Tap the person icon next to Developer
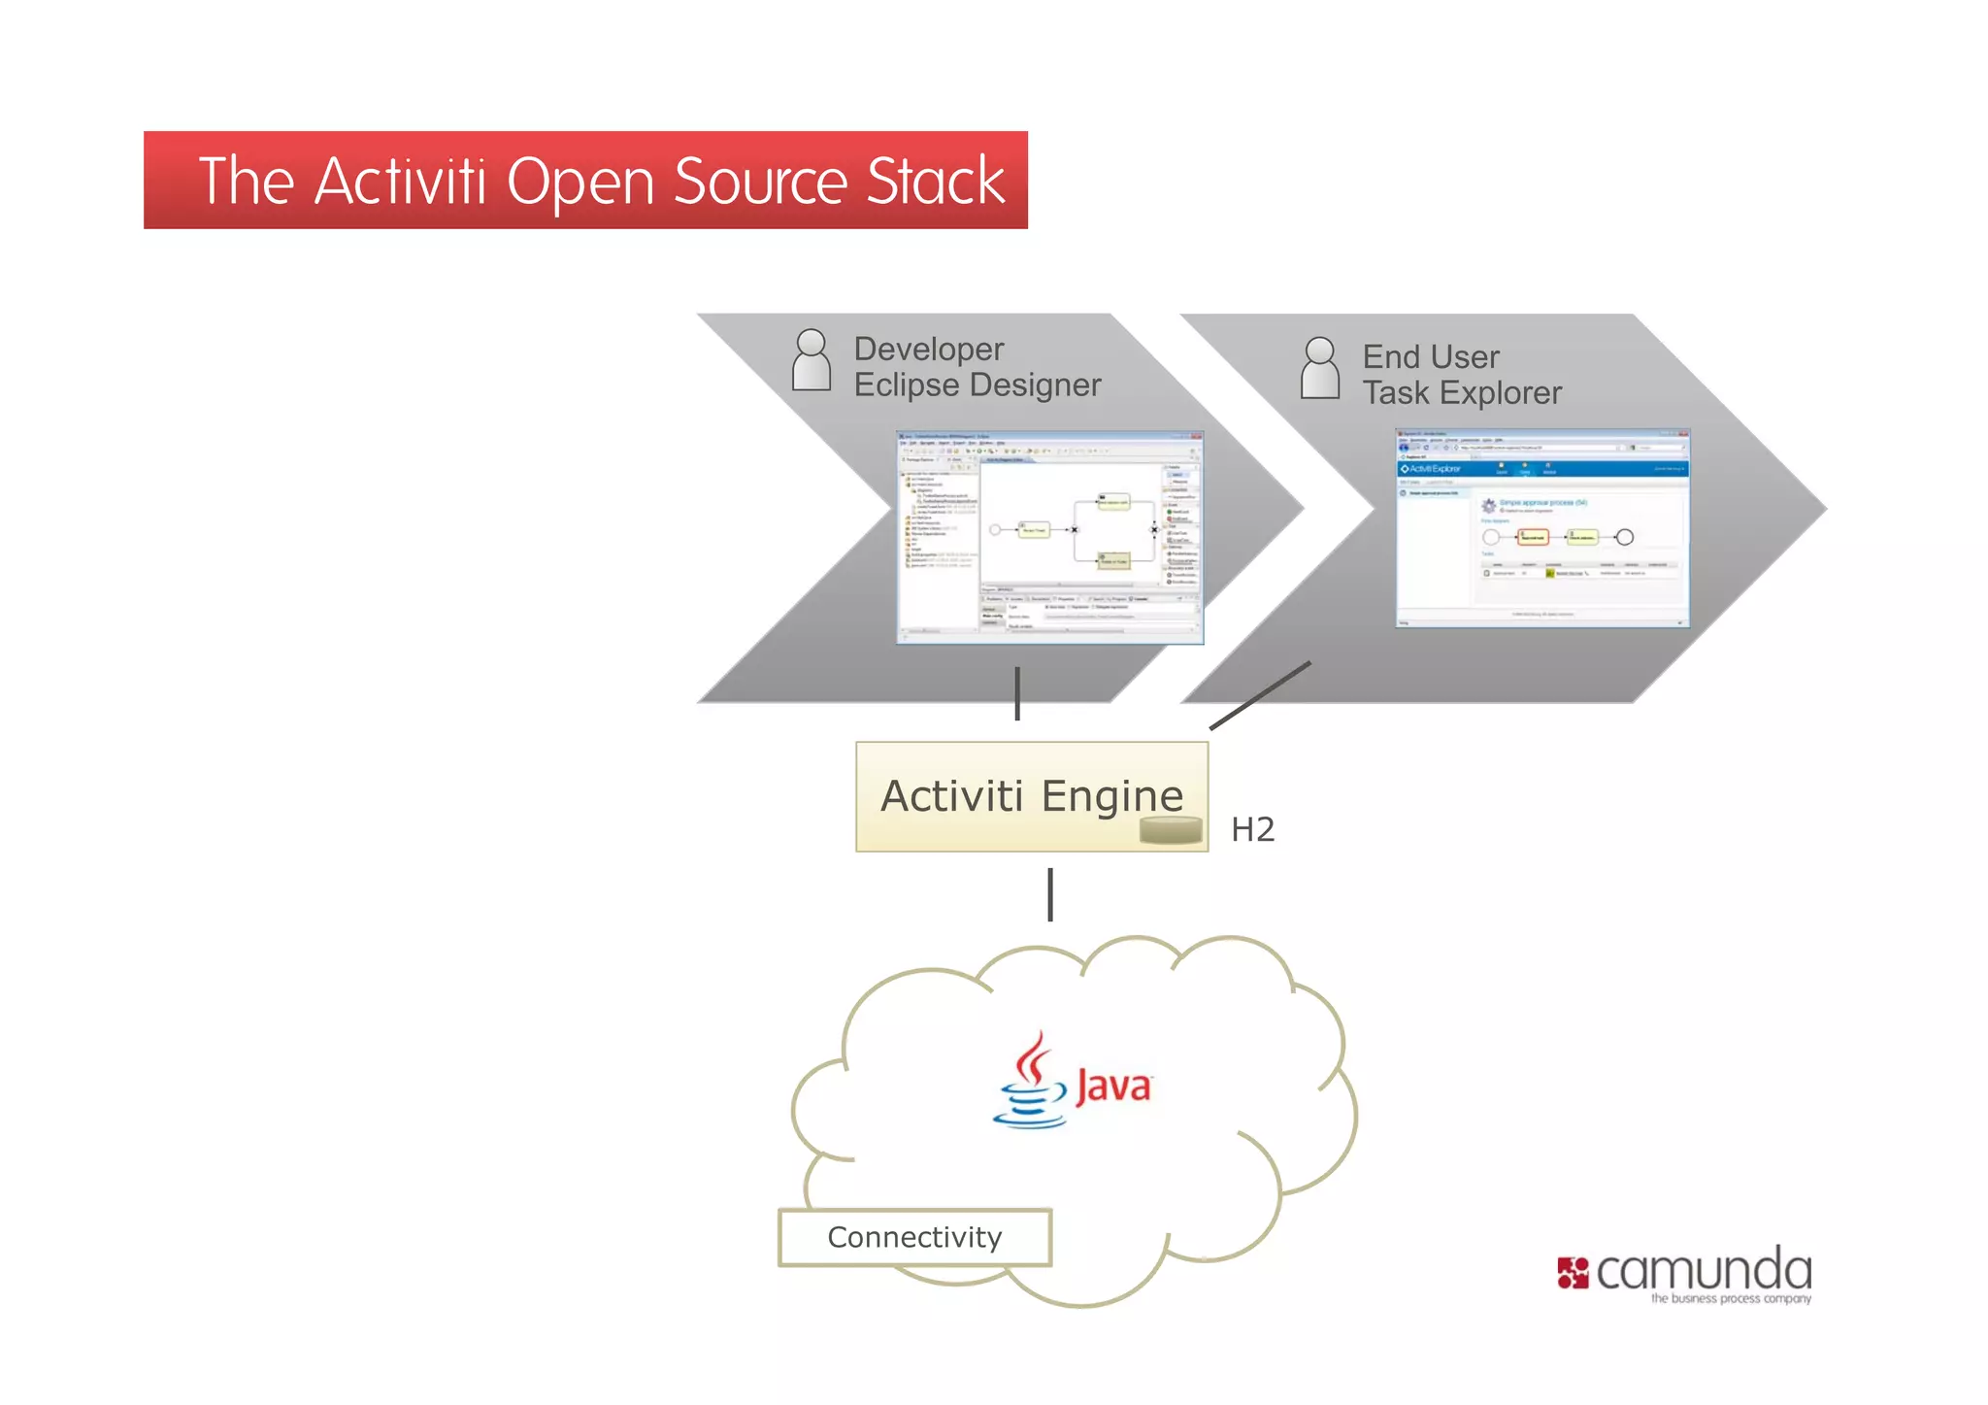click(811, 360)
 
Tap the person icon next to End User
click(1319, 368)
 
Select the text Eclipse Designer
click(977, 385)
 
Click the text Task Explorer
click(1461, 393)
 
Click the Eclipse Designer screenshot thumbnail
click(1049, 537)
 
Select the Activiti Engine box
click(1031, 796)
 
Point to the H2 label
click(1252, 829)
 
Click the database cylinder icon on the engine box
click(1171, 830)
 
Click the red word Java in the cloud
click(1112, 1086)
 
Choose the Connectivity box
click(914, 1237)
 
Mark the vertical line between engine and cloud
click(1050, 894)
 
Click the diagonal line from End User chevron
click(1260, 695)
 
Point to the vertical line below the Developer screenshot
click(1017, 693)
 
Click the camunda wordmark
click(1704, 1270)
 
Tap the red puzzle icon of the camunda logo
click(1573, 1273)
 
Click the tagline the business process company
click(1731, 1298)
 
